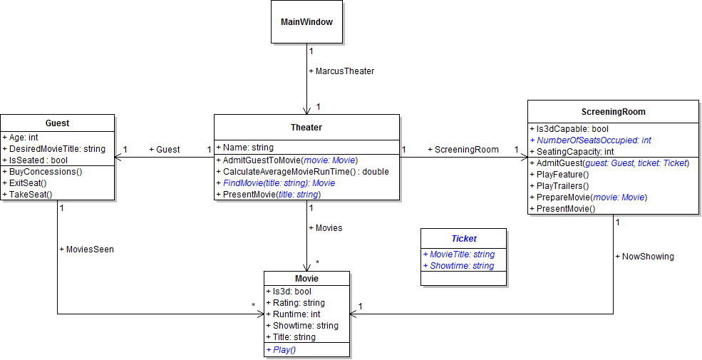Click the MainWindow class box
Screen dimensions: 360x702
click(306, 22)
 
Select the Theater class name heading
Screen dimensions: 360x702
click(306, 128)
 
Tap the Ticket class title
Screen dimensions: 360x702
click(464, 239)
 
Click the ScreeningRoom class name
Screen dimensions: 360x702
click(613, 112)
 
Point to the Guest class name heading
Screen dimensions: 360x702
click(57, 123)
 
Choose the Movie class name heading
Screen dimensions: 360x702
click(306, 278)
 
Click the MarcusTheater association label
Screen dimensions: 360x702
click(341, 71)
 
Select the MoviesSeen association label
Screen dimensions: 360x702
click(86, 250)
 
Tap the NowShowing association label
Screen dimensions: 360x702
click(644, 256)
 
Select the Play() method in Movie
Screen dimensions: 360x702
click(281, 349)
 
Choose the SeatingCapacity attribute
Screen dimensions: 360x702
click(572, 151)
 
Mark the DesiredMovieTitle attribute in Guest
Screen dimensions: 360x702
click(54, 149)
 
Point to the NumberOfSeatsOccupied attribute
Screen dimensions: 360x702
click(590, 140)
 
